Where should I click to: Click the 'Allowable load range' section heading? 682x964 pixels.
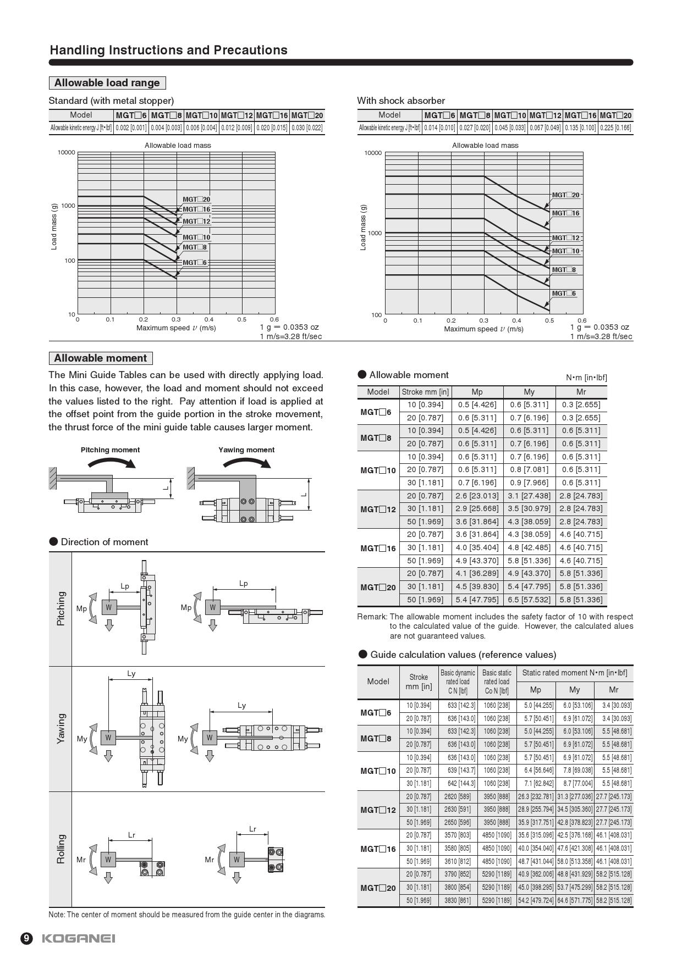107,83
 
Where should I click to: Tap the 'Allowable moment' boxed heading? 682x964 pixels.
101,358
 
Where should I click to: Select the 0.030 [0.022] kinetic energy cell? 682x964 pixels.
307,128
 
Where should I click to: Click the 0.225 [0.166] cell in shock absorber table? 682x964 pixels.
615,128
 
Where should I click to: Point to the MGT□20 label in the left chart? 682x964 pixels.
196,200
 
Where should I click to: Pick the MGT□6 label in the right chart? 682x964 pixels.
564,293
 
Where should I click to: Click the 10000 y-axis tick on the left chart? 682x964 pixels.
66,153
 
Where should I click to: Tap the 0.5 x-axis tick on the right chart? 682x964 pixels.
549,320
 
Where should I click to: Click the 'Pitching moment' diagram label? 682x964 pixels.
110,450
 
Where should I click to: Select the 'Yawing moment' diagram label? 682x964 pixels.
246,450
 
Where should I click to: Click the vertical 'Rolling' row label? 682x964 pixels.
61,849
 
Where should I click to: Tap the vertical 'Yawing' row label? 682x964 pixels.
61,729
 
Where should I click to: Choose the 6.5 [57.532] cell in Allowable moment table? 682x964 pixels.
529,600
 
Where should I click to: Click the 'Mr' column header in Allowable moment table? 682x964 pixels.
581,392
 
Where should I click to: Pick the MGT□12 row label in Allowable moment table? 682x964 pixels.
378,509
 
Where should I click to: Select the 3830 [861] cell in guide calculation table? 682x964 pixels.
458,900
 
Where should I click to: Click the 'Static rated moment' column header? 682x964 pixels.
574,673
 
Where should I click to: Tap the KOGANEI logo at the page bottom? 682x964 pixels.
79,939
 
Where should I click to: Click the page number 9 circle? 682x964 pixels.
27,939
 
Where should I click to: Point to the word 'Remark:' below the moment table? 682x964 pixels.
372,617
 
